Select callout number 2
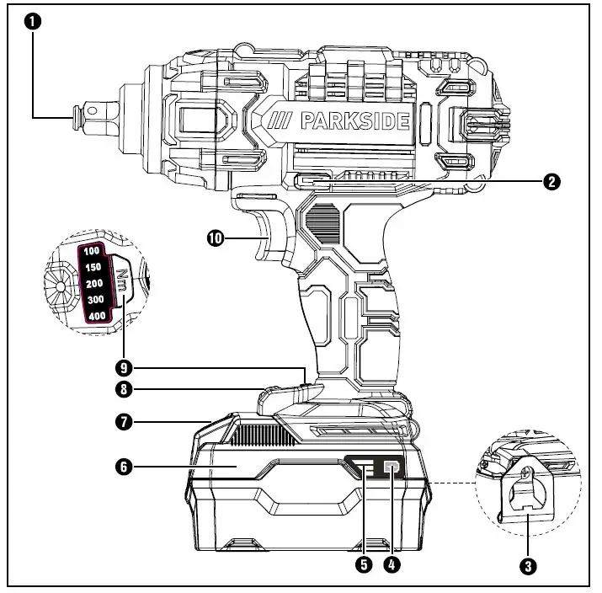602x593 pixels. (551, 180)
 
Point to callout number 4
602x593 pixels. (391, 566)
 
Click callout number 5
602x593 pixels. (364, 566)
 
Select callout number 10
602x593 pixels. (215, 238)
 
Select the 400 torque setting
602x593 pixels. (95, 316)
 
